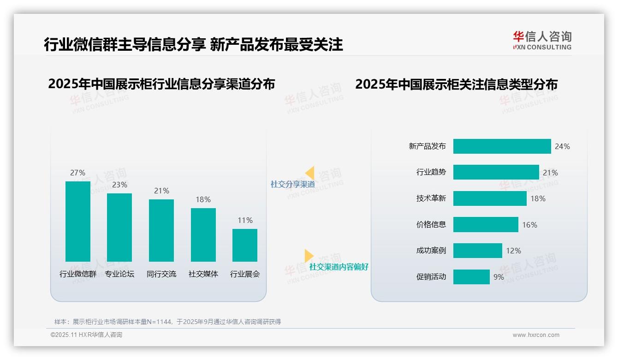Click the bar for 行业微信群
coord(78,222)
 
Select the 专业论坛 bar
coord(119,228)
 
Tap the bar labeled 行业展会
coord(245,245)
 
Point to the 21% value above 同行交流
coord(161,191)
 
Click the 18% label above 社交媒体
coord(203,199)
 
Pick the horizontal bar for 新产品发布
coord(502,146)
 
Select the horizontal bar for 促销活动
coord(471,277)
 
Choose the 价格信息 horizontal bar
coord(486,225)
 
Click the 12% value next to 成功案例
coord(513,251)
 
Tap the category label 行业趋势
coord(431,172)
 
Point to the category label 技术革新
coord(431,198)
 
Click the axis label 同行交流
coord(161,274)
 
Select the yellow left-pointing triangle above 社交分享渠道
coord(310,173)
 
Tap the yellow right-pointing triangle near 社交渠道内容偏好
coord(309,256)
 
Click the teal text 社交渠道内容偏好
coord(339,267)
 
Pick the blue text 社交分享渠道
coord(293,184)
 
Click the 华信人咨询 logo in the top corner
coord(542,40)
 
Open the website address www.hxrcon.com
coord(536,335)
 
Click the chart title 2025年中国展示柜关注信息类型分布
coord(456,84)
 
